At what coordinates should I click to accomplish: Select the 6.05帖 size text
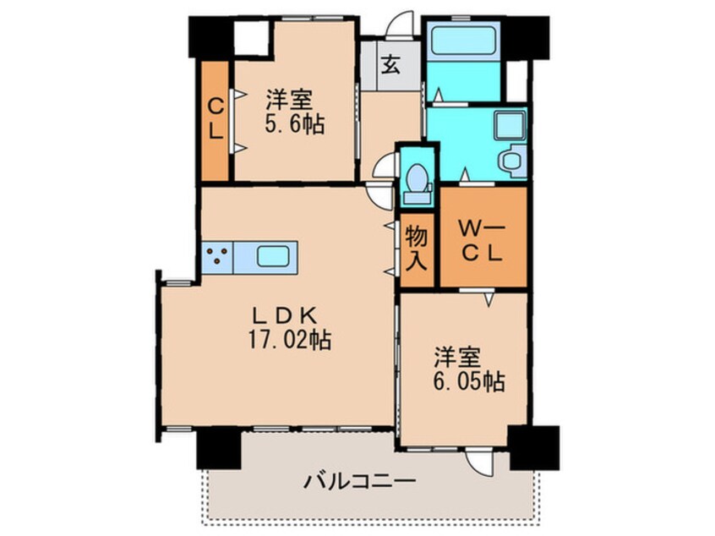470,382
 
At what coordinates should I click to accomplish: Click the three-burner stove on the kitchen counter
218,256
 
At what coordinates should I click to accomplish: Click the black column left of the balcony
216,446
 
